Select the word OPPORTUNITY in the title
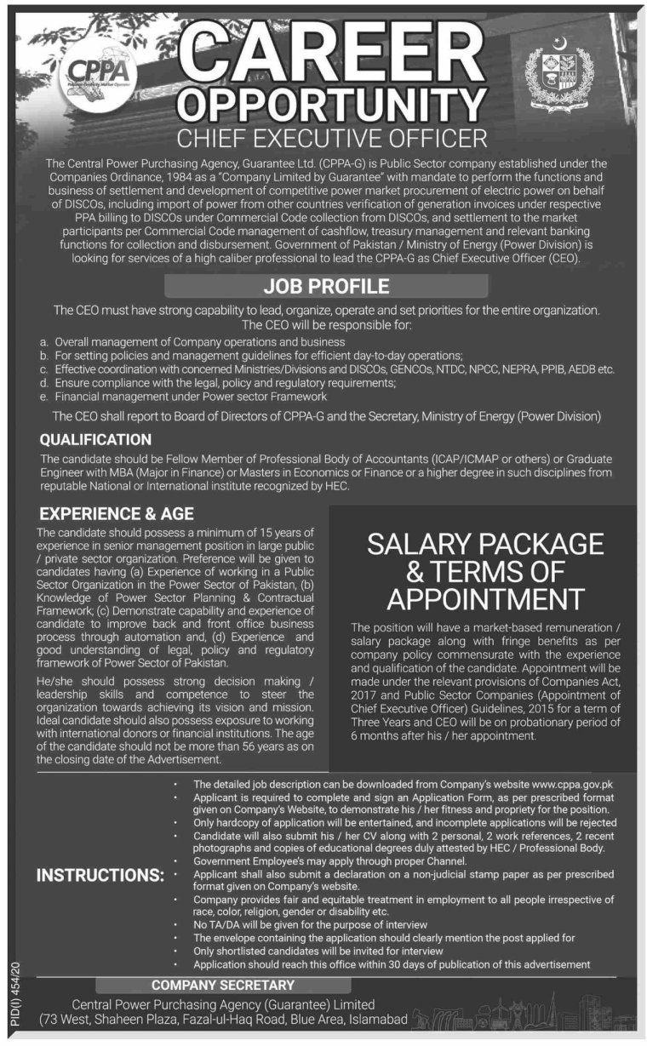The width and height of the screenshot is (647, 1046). click(328, 107)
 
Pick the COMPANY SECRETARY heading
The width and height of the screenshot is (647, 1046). click(222, 985)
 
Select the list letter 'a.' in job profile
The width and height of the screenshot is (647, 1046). click(43, 340)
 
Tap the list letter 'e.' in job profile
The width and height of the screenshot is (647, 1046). click(43, 397)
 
